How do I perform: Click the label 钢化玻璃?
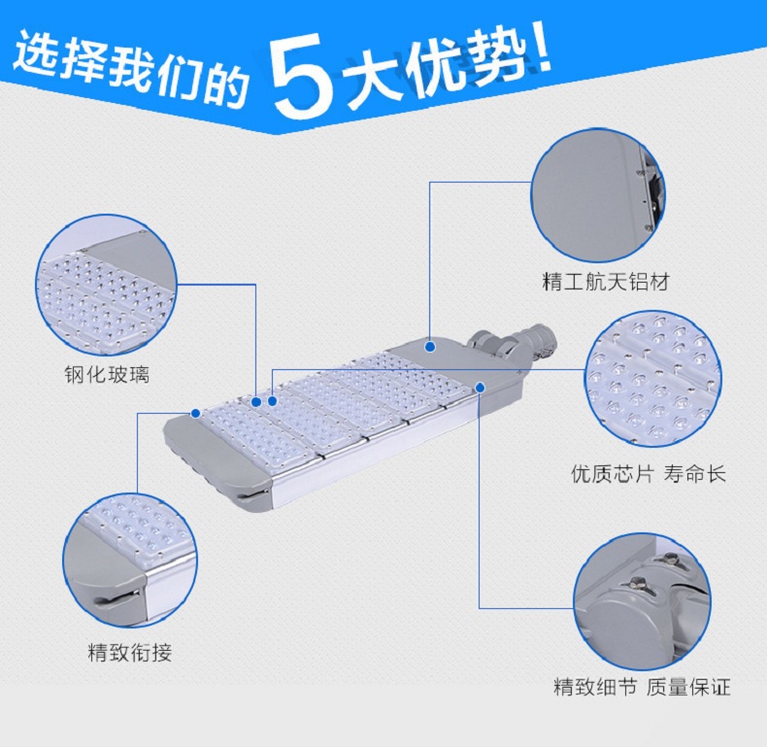pos(107,375)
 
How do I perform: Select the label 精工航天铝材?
pos(605,282)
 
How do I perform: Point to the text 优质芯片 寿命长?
pos(649,473)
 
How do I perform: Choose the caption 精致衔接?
pos(130,652)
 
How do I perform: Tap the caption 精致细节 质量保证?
pos(642,687)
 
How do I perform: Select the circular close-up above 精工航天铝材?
pos(598,196)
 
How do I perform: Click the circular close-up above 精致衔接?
pos(130,560)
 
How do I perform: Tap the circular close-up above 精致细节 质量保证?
pos(642,601)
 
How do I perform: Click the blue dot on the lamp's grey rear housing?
pos(430,347)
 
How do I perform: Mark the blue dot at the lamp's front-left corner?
pos(196,414)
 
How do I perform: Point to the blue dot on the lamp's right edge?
pos(480,388)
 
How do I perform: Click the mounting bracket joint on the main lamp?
pos(509,342)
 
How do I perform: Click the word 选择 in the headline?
pos(59,55)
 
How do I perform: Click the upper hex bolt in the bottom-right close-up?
pos(670,558)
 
